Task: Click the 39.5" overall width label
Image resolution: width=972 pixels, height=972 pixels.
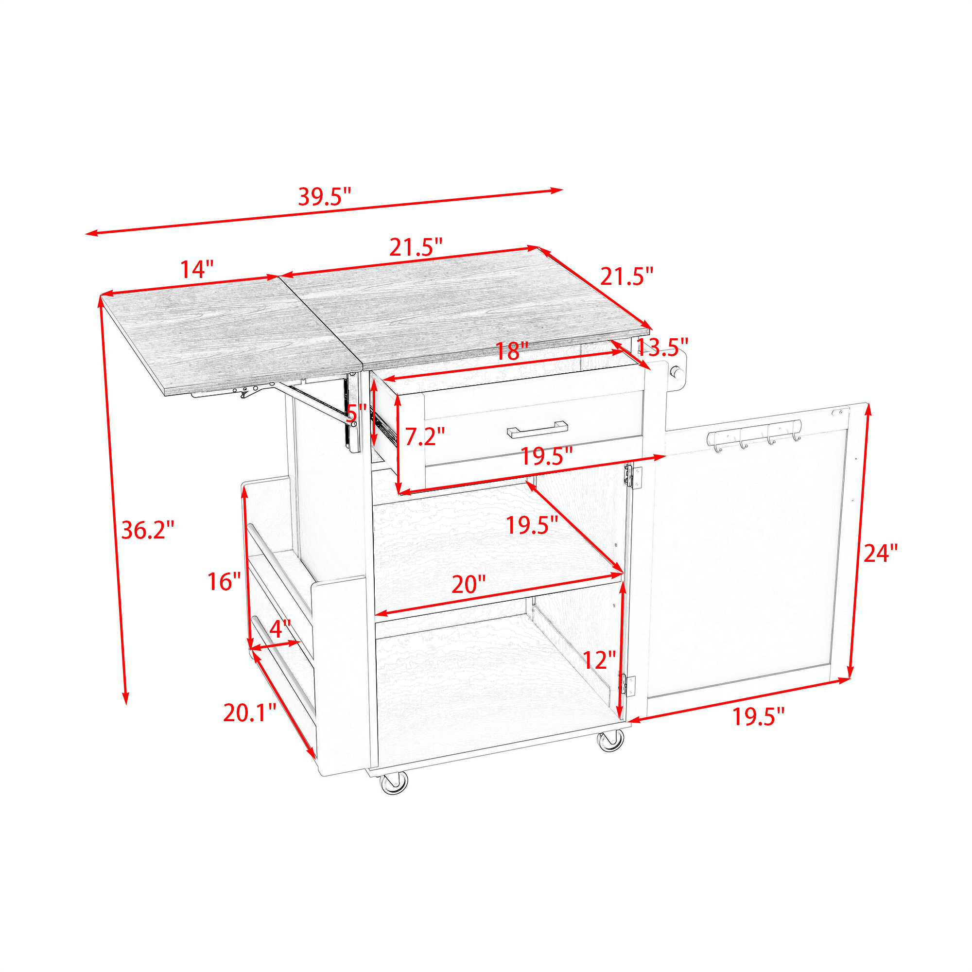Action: (325, 196)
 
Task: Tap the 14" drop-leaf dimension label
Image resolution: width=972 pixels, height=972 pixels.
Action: (197, 269)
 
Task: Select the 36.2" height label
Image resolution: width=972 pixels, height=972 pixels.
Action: (148, 530)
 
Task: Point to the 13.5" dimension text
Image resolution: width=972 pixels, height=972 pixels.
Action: (662, 347)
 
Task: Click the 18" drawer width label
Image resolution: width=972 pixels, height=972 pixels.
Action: (512, 351)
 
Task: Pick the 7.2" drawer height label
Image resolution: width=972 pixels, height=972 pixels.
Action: (425, 436)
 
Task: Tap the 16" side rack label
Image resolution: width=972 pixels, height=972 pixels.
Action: (225, 582)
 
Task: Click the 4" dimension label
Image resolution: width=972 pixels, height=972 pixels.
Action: (280, 628)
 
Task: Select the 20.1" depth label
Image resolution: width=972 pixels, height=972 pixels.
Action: (249, 713)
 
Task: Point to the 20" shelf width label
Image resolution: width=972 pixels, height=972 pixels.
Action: (469, 584)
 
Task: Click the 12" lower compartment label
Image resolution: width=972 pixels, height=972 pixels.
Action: (599, 660)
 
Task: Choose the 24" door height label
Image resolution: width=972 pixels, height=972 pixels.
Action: (881, 554)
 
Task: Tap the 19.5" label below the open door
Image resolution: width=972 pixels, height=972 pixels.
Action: (758, 717)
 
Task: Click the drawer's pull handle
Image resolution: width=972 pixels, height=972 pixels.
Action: (538, 429)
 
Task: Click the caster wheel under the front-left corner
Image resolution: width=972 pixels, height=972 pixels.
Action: (394, 783)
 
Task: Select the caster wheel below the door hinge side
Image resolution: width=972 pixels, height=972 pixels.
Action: (610, 740)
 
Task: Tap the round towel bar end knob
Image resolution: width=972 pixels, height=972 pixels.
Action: (677, 373)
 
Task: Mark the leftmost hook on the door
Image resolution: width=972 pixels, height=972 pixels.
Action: (717, 443)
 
